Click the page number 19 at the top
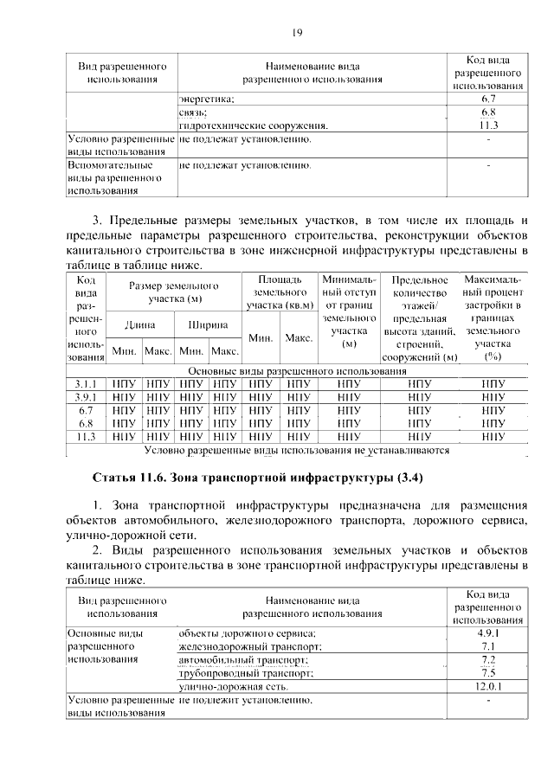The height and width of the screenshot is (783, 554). [296, 33]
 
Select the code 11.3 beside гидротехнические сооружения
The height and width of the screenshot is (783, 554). [488, 125]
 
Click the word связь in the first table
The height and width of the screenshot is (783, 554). [192, 113]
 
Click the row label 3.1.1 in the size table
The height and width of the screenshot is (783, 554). [86, 383]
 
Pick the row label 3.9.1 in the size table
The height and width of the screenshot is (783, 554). [86, 397]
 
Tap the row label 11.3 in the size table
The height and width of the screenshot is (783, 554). [86, 437]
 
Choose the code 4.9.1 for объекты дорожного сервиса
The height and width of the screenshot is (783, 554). [488, 633]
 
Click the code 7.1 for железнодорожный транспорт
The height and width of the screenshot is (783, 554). [488, 646]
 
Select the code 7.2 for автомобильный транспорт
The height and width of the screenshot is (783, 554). [488, 660]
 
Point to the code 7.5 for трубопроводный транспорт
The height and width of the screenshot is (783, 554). [488, 673]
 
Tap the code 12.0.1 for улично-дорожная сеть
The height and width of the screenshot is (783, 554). [488, 687]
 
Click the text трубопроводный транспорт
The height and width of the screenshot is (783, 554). [244, 673]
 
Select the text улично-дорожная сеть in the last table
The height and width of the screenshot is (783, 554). [233, 687]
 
